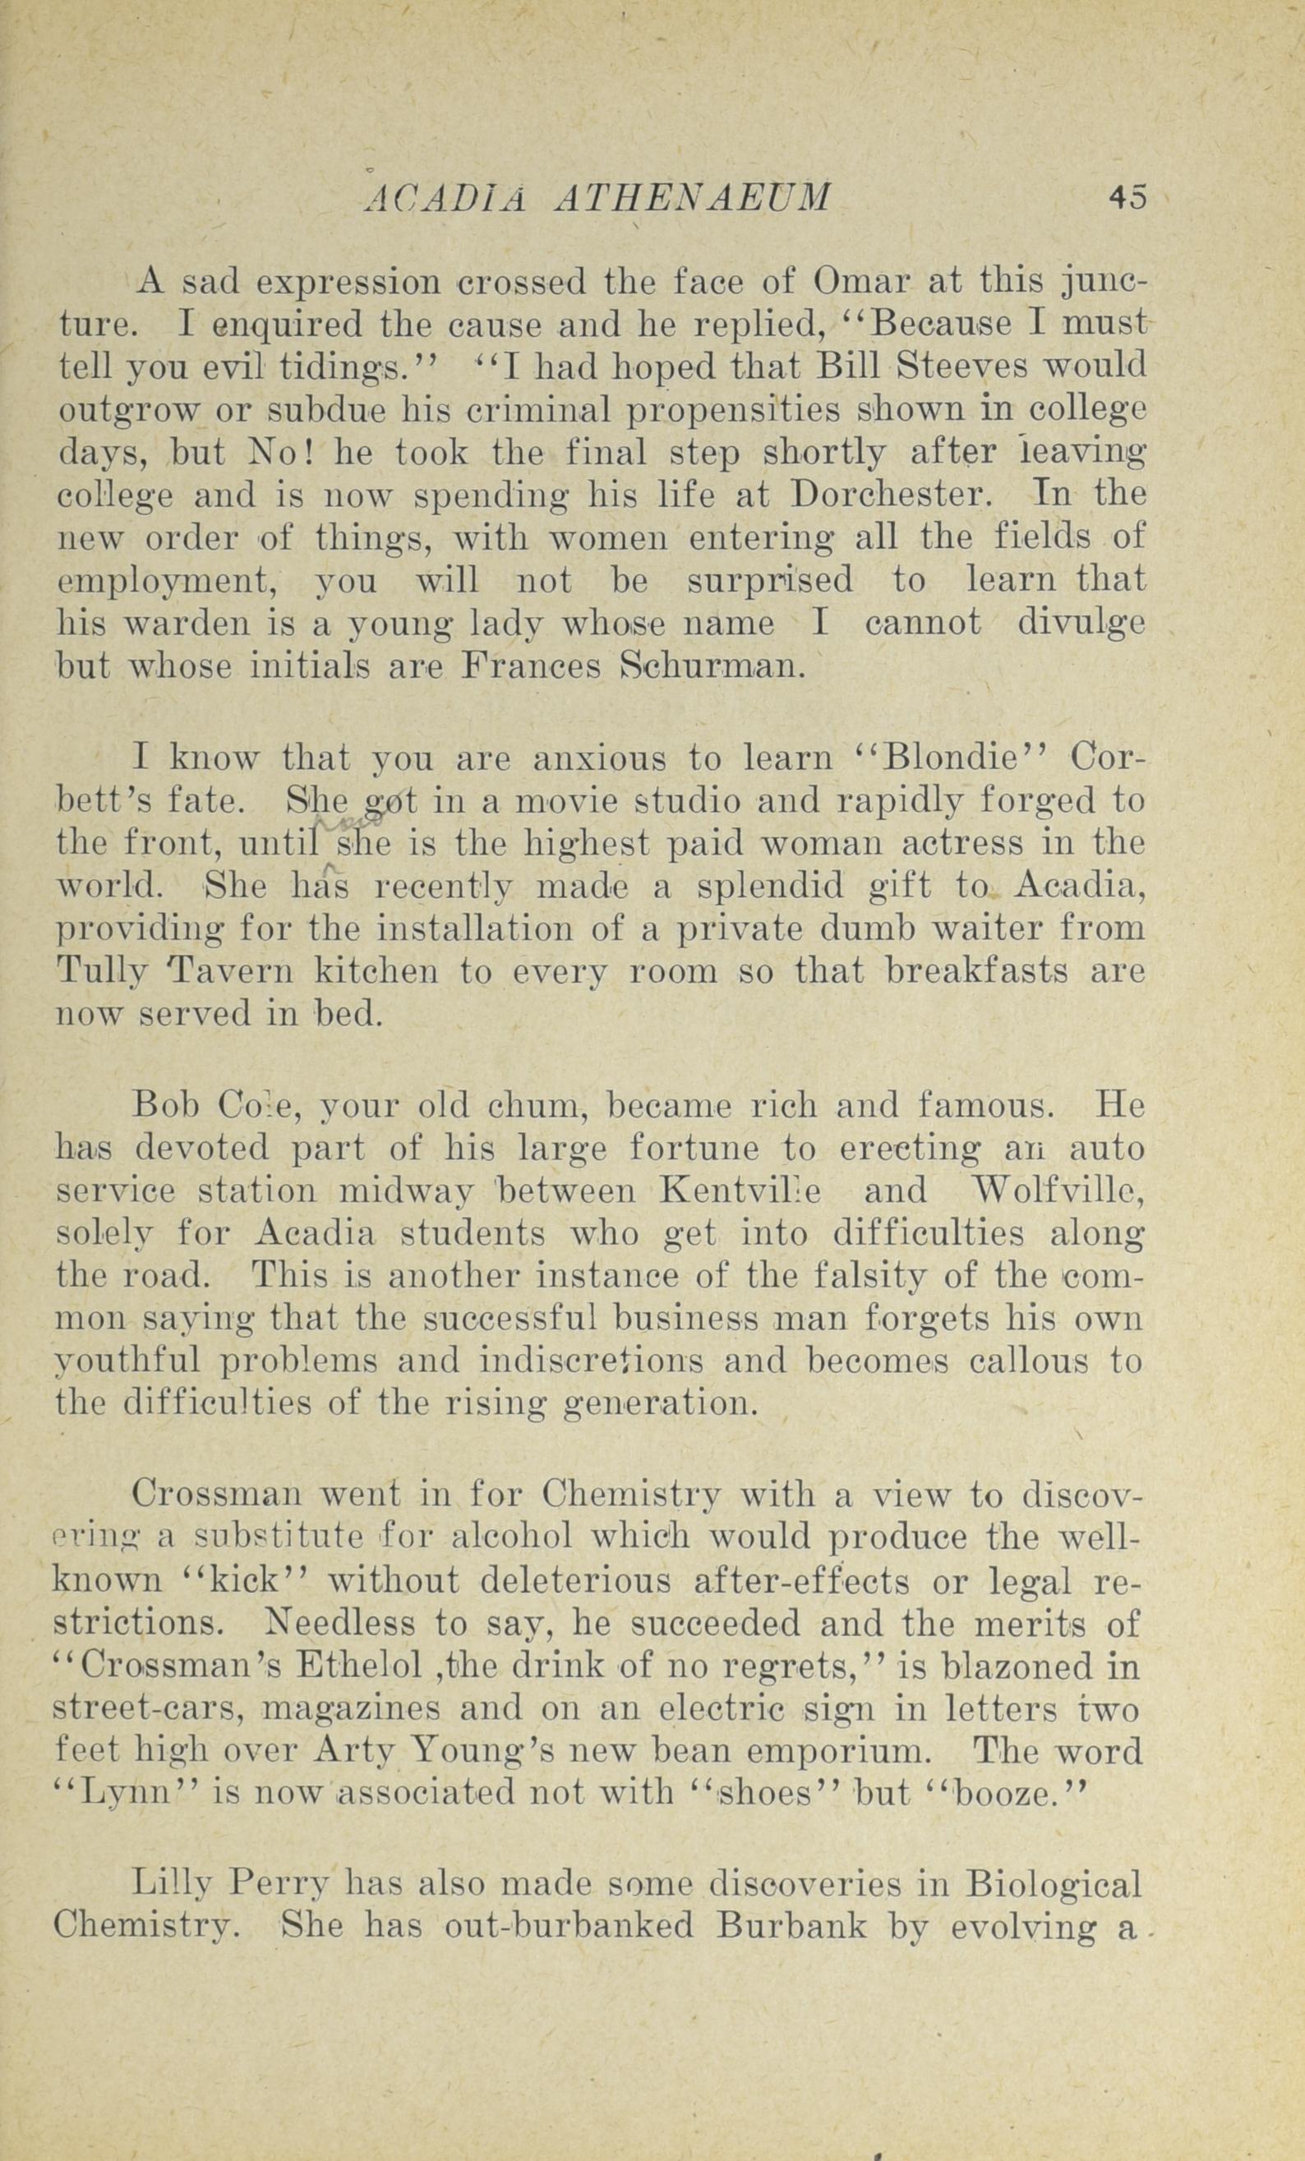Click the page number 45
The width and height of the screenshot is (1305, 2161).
point(1126,197)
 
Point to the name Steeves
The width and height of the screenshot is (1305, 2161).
point(960,366)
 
